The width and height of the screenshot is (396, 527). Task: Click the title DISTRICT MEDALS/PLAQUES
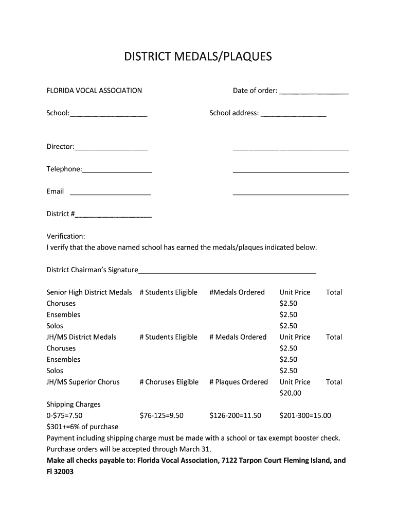198,57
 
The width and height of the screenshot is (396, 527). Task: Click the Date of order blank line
314,94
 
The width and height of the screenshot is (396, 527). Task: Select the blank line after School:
109,116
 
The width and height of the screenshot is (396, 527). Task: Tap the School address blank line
293,116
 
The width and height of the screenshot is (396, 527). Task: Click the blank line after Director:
111,150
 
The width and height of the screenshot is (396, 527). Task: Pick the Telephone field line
117,172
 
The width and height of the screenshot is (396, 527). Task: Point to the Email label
55,191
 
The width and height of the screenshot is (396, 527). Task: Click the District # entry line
114,217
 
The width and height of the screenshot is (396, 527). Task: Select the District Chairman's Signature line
227,273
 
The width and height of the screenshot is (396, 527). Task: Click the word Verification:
66,236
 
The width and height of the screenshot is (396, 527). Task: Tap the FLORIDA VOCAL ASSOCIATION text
94,91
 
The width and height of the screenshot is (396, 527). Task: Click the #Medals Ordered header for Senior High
237,292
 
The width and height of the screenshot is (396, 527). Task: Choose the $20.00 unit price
290,393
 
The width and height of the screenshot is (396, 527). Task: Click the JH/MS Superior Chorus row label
83,382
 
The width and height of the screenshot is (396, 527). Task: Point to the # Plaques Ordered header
239,382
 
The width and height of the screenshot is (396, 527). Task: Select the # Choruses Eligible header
169,382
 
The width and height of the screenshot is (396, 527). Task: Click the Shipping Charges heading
74,405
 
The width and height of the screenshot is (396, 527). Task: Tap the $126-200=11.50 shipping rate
236,415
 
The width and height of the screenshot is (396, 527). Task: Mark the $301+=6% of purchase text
82,427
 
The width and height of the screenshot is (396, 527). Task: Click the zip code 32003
65,471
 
